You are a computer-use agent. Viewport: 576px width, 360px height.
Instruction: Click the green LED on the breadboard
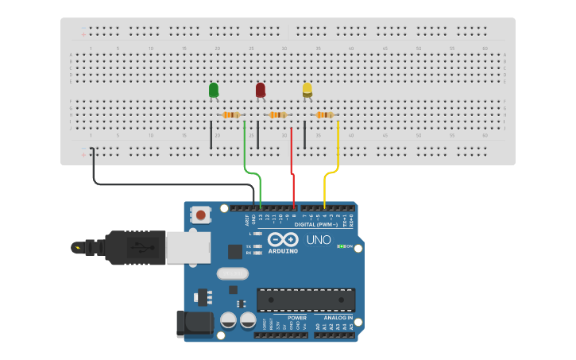pos(214,90)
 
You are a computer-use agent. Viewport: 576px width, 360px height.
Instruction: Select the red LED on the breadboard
pos(261,90)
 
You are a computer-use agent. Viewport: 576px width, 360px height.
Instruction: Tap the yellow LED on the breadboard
pos(307,90)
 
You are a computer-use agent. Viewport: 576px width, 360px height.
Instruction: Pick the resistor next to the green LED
pos(231,115)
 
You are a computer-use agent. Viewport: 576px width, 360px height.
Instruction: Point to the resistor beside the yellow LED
pos(324,115)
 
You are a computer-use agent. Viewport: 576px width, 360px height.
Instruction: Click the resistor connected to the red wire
pos(277,115)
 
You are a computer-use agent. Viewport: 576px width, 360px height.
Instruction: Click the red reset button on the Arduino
pos(201,215)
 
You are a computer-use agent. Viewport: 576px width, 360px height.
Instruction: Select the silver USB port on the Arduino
pos(187,247)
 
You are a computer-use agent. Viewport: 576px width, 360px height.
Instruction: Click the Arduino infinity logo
pos(283,240)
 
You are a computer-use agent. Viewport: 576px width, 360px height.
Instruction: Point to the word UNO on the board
pos(319,240)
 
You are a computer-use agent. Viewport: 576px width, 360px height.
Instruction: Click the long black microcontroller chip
pos(305,300)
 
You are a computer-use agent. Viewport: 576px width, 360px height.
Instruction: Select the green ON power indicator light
pos(340,246)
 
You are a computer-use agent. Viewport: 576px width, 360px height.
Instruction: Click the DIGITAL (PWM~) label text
pos(316,224)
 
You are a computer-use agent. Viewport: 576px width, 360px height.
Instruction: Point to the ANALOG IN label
pos(338,317)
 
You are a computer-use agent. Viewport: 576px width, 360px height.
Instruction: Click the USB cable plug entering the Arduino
pos(135,247)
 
